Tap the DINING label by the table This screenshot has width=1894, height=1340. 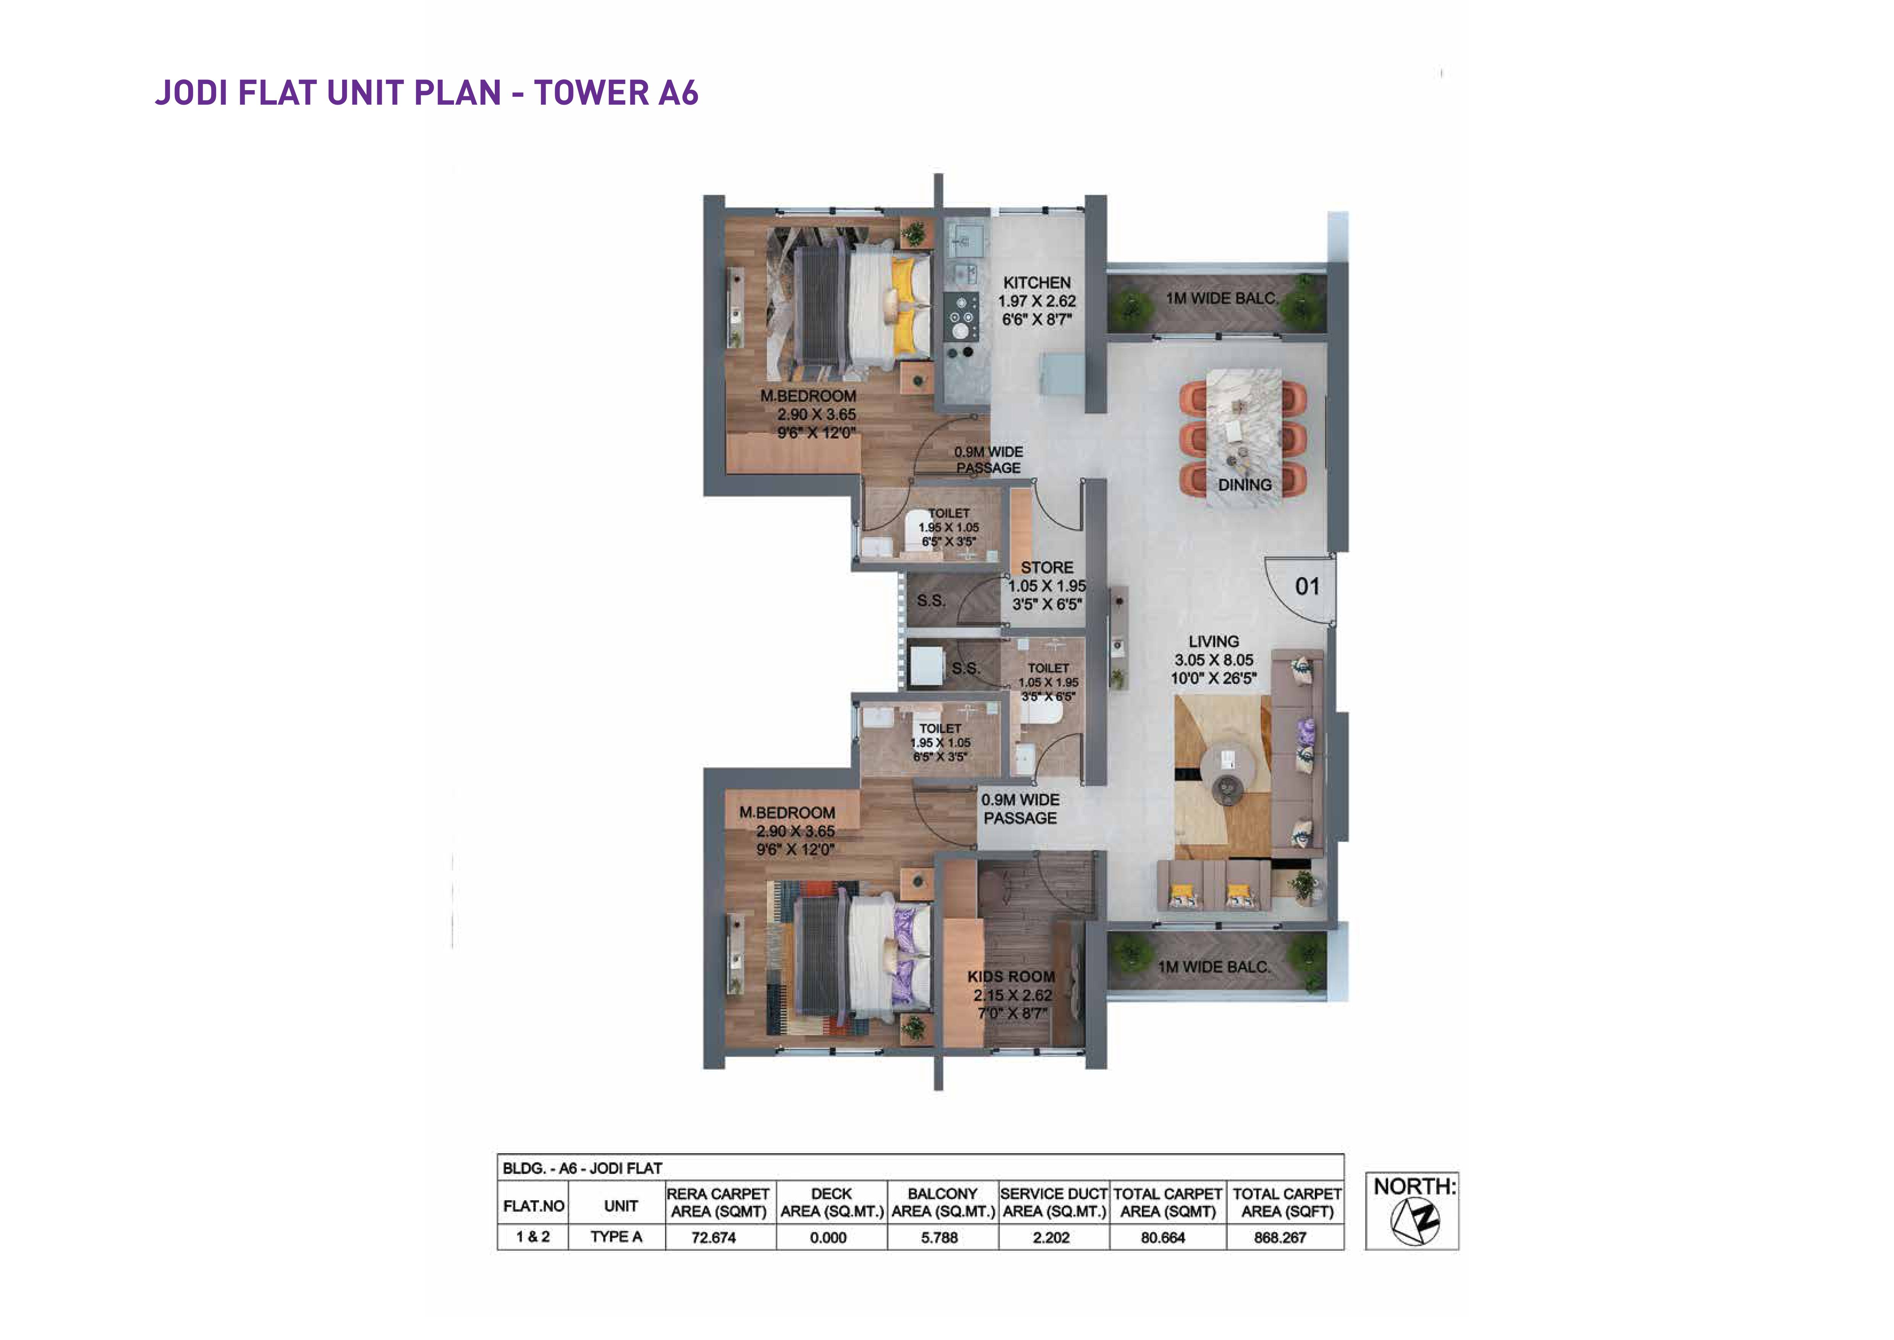coord(1245,485)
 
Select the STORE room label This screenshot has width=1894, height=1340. coord(1047,568)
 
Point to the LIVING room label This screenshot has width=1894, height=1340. coord(1213,641)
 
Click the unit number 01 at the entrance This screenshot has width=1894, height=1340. coord(1308,587)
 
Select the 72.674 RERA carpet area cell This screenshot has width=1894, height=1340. coord(714,1238)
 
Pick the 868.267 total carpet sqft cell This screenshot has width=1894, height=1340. coord(1280,1238)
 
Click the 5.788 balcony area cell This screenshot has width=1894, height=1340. coord(940,1238)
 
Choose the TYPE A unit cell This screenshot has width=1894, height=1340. coord(616,1237)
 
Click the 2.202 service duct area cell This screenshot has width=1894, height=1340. coord(1051,1238)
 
